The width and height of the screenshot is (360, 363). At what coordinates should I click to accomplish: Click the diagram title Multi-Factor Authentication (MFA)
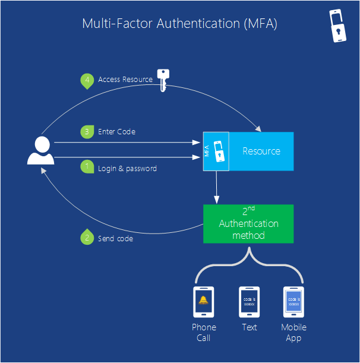tap(179, 24)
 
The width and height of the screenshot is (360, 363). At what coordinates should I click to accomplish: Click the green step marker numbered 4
tap(87, 80)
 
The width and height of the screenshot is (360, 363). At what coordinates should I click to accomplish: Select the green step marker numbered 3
tap(87, 132)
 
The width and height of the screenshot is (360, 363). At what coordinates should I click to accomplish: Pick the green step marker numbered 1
tap(87, 168)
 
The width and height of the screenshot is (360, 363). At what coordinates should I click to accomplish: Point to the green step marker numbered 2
tap(87, 238)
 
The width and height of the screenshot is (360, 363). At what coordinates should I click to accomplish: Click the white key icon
tap(162, 80)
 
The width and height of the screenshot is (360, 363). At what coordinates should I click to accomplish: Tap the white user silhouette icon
tap(40, 150)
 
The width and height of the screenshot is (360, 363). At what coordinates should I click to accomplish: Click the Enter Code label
tap(116, 132)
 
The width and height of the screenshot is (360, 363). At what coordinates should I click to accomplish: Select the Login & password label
tap(127, 169)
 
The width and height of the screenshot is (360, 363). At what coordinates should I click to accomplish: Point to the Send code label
tap(115, 239)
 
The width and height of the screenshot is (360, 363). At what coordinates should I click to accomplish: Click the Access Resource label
tap(125, 80)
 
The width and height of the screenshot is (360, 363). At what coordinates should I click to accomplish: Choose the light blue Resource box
tap(261, 151)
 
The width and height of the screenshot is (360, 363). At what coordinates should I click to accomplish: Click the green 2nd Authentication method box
tap(248, 224)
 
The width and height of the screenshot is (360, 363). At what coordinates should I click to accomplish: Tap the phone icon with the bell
tap(203, 302)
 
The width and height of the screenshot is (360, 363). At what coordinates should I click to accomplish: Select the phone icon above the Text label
tap(249, 302)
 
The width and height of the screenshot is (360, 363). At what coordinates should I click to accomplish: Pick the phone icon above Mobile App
tap(293, 302)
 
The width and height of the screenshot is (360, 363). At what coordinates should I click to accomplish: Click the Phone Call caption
tap(204, 333)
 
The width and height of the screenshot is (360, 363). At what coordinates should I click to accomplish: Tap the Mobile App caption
tap(293, 333)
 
